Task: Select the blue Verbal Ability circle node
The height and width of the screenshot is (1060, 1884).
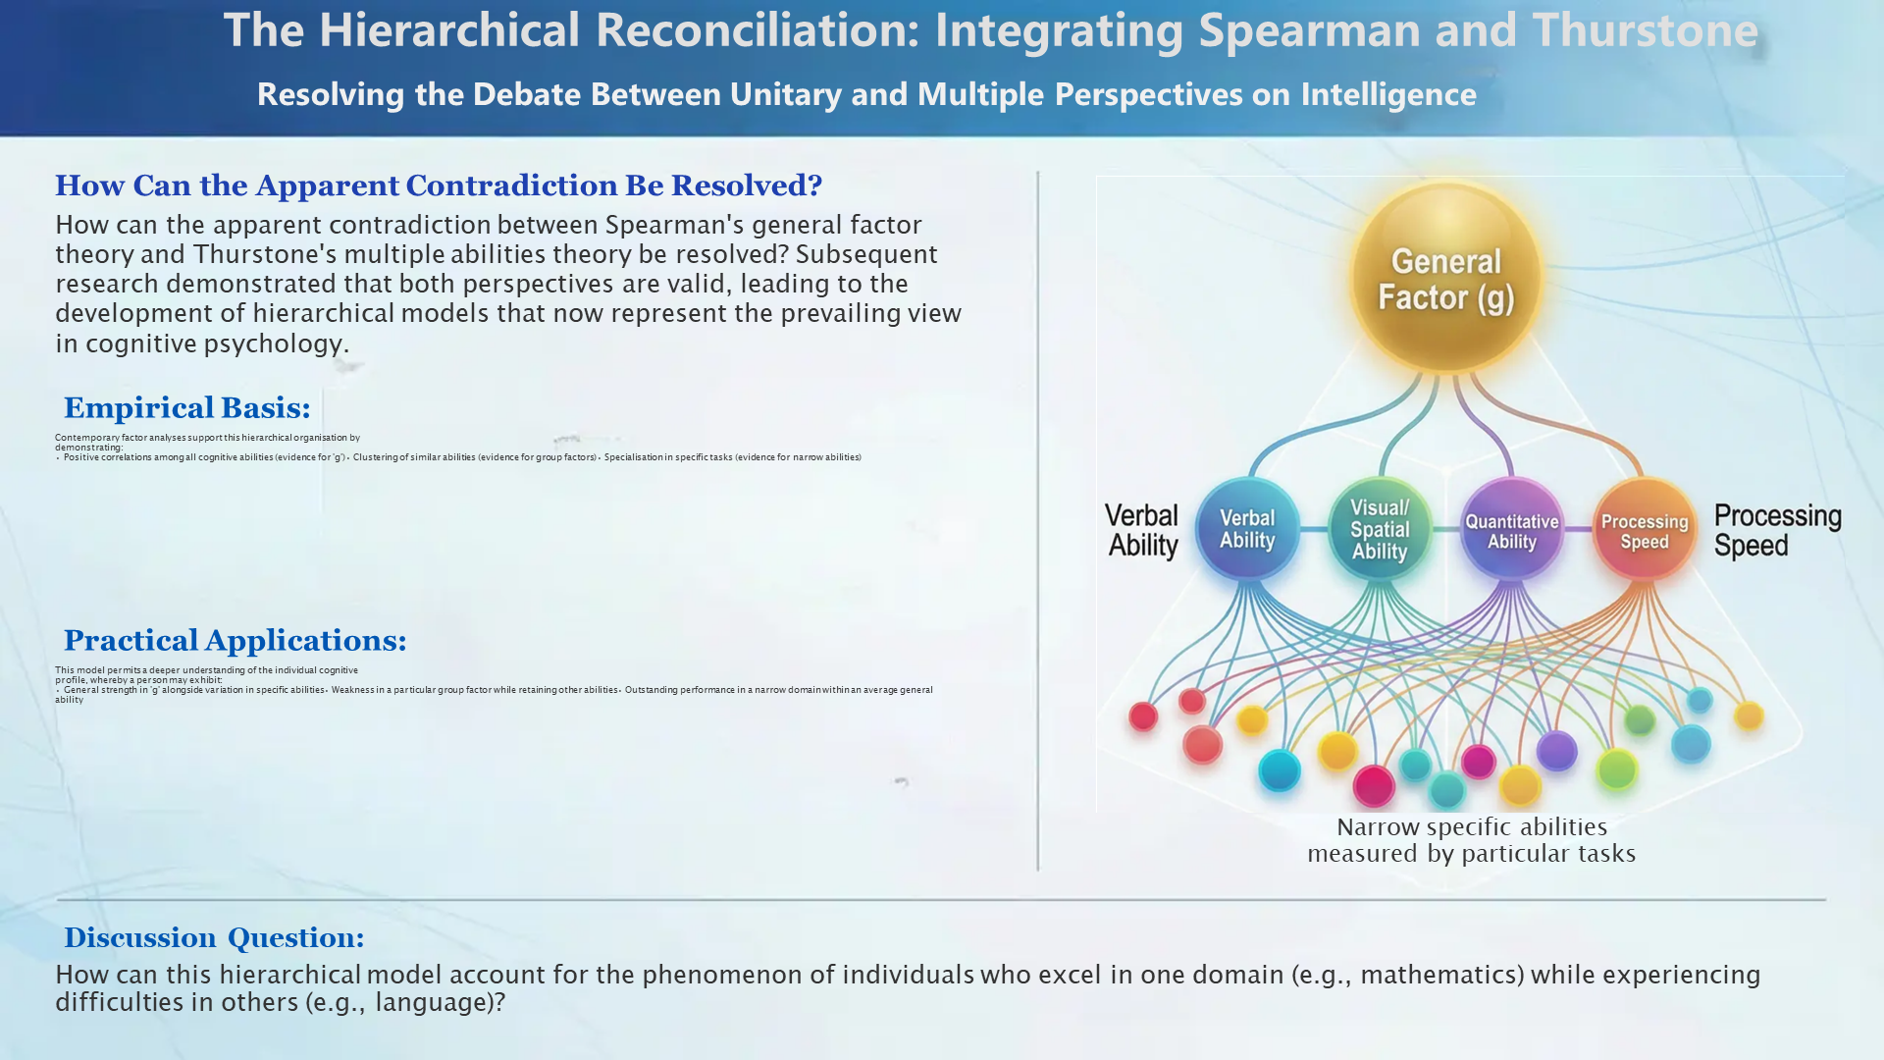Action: tap(1247, 529)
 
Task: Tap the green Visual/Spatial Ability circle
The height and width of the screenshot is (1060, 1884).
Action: tap(1380, 529)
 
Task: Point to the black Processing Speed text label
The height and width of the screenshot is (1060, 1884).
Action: tap(1776, 530)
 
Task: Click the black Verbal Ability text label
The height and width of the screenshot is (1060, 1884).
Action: tap(1142, 530)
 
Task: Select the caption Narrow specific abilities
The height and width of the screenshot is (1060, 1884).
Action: tap(1471, 827)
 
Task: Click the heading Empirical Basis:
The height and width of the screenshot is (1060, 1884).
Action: tap(186, 408)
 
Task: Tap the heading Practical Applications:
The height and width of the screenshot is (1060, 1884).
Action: tap(235, 641)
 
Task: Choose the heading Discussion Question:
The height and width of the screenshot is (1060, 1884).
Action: tap(214, 938)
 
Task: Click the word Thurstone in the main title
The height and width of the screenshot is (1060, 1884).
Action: tap(1645, 30)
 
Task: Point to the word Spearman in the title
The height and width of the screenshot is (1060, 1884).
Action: tap(1309, 30)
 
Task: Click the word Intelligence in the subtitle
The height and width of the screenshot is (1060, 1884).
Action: tap(1387, 94)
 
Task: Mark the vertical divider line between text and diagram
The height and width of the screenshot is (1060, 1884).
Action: tap(1038, 520)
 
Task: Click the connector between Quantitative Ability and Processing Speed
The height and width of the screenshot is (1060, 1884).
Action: tap(1577, 530)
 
